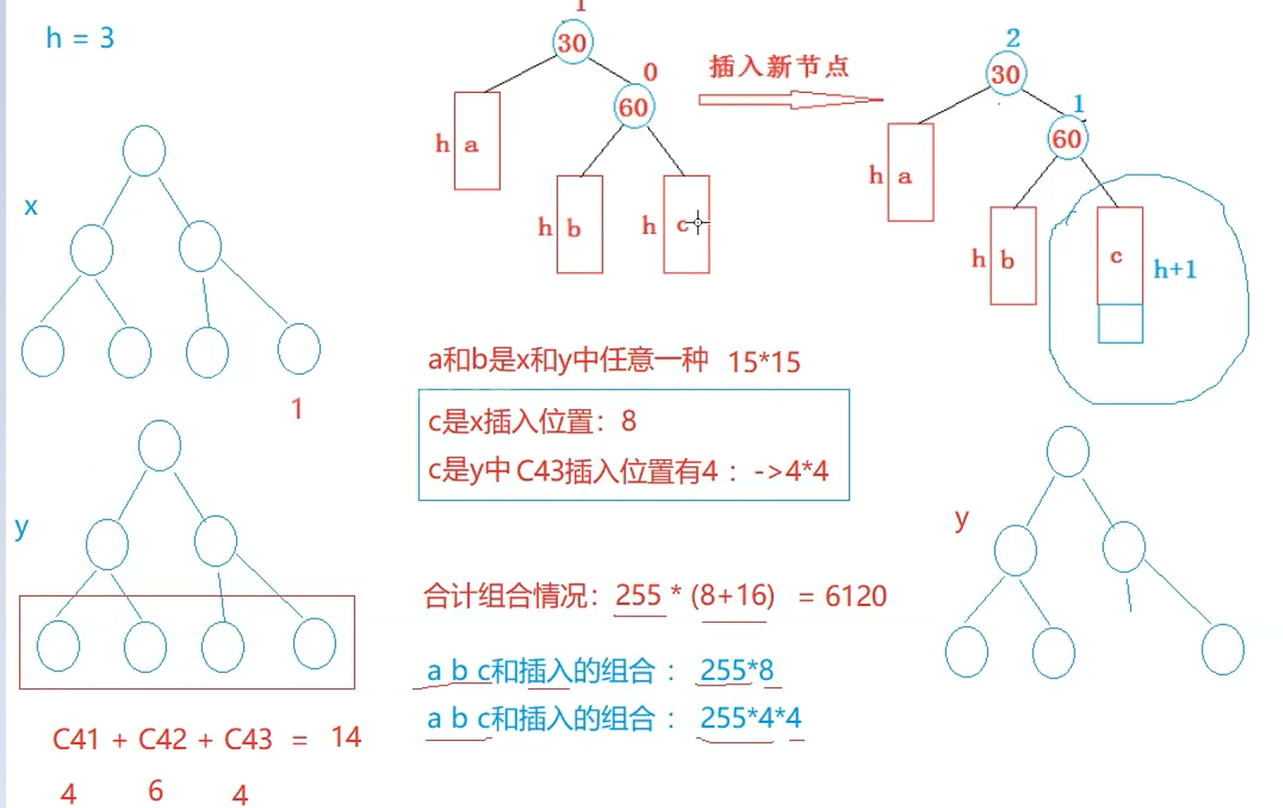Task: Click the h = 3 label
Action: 80,38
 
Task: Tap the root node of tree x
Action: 144,150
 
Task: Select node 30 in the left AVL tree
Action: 572,42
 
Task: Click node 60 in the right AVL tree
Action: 1066,139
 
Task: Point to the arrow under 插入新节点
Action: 790,99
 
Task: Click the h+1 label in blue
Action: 1175,268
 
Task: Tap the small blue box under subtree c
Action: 1120,324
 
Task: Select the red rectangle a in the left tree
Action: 477,140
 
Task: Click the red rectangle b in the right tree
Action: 1013,256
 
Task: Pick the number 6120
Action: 856,596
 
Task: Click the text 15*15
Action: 764,361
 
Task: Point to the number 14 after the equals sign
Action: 346,736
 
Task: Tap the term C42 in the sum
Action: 163,739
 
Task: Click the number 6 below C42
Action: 156,790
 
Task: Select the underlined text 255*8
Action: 737,670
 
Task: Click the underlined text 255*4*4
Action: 750,718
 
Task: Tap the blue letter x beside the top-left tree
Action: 31,207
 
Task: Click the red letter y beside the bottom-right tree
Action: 961,519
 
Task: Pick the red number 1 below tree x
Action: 297,409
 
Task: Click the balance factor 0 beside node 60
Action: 650,72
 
